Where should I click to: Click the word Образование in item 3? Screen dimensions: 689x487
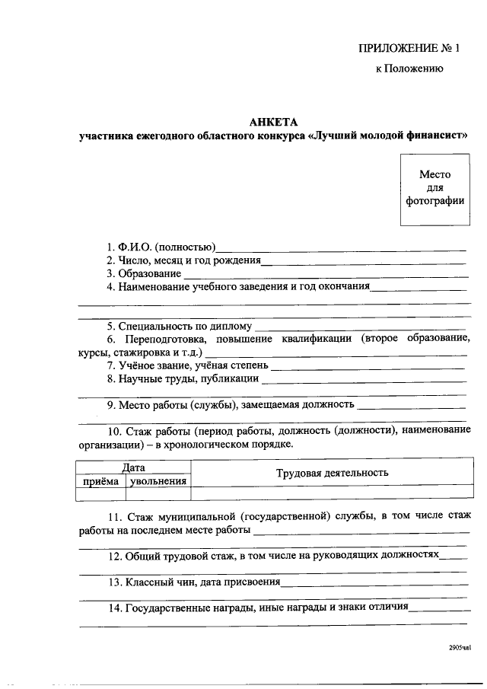150,273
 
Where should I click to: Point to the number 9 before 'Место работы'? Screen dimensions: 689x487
110,404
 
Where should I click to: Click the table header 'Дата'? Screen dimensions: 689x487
133,468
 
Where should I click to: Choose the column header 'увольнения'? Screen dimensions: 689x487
158,481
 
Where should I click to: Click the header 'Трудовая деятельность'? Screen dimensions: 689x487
332,474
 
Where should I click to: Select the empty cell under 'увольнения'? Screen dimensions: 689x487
158,494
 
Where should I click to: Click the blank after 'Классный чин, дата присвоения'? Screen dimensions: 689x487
374,583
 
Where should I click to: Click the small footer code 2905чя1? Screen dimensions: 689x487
460,649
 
